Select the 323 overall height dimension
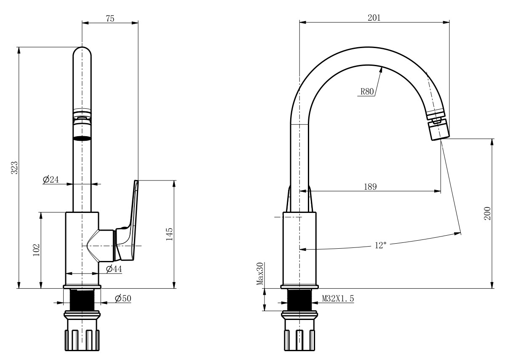tap(13, 167)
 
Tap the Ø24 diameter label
tap(51, 180)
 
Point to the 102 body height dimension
tap(36, 250)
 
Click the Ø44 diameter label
tap(114, 269)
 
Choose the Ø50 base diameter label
tap(123, 298)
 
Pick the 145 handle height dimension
tap(169, 234)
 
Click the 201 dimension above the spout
tap(374, 18)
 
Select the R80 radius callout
tap(367, 92)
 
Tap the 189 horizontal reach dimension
tap(370, 186)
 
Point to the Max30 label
tap(260, 274)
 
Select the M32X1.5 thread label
tap(338, 298)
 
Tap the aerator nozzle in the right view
tap(438, 130)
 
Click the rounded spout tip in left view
tap(82, 53)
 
